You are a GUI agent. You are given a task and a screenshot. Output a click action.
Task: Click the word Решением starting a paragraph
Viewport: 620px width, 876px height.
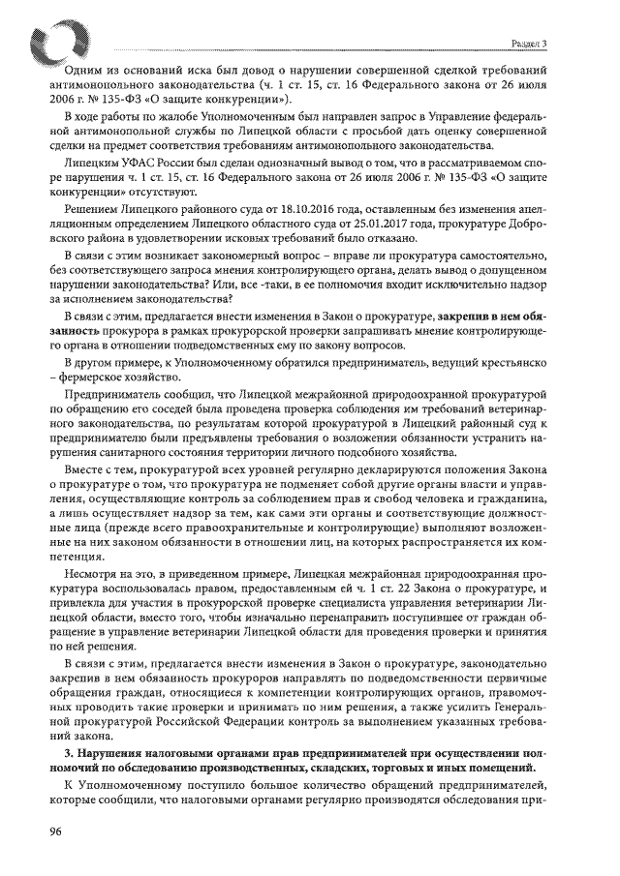[x=89, y=209]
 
